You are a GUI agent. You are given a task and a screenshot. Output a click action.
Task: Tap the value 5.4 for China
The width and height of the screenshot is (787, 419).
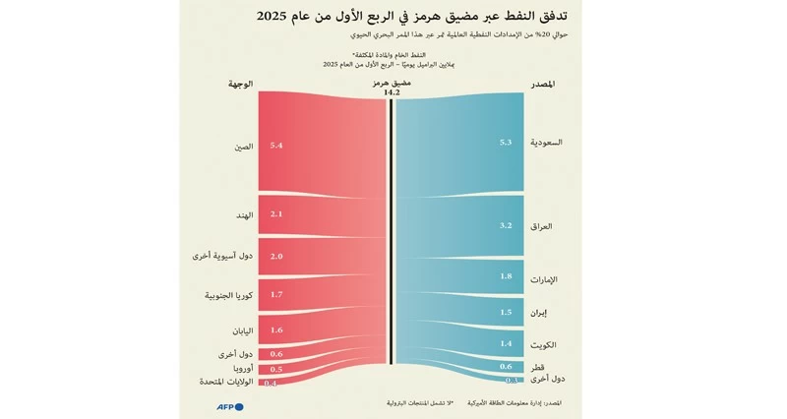click(275, 146)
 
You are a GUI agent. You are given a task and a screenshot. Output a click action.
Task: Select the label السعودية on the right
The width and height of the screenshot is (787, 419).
click(547, 143)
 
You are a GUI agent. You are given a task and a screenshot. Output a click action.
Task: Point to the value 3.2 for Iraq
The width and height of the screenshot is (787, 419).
click(506, 226)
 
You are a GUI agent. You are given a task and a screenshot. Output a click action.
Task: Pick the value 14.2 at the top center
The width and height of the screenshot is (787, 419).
click(393, 92)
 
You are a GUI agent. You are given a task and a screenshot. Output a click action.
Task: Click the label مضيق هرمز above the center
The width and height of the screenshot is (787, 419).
click(393, 84)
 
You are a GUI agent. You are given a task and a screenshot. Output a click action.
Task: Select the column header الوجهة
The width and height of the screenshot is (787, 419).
click(240, 85)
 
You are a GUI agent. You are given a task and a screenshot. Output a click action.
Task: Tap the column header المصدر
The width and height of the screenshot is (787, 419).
click(548, 85)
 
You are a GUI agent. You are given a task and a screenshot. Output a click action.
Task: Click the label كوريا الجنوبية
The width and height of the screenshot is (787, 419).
click(228, 294)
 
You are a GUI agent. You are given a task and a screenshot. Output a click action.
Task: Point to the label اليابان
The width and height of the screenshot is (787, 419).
click(240, 330)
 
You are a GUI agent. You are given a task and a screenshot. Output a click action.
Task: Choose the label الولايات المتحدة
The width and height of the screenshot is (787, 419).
click(225, 381)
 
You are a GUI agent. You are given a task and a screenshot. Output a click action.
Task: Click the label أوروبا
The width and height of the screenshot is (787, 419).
click(241, 368)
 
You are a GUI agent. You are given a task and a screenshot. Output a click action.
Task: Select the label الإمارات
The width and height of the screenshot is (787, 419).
click(543, 279)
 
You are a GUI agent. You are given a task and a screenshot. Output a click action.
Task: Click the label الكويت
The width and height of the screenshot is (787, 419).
click(542, 345)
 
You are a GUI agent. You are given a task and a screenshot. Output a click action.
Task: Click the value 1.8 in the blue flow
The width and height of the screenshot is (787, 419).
click(506, 277)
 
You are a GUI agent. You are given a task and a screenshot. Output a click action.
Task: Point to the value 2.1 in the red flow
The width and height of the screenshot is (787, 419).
click(275, 214)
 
